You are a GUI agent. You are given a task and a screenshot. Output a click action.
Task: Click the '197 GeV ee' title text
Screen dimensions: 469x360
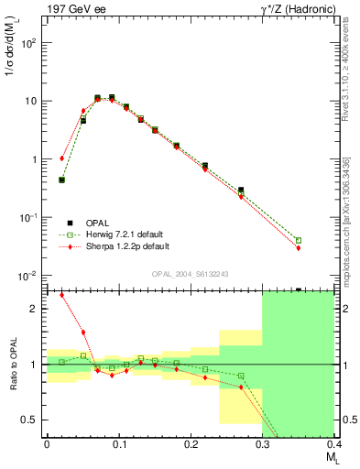[72, 9]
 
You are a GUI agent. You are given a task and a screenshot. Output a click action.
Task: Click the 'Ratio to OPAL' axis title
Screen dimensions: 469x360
[11, 365]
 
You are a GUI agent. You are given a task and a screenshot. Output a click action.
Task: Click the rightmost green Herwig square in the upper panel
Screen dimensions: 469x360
[299, 240]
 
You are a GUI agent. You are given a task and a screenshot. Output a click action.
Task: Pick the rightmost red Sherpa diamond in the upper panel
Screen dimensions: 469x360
[299, 247]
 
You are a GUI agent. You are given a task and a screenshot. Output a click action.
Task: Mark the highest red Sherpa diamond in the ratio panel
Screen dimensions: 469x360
[61, 295]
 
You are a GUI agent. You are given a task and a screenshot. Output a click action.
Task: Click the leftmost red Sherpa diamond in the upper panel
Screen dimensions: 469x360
[61, 158]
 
